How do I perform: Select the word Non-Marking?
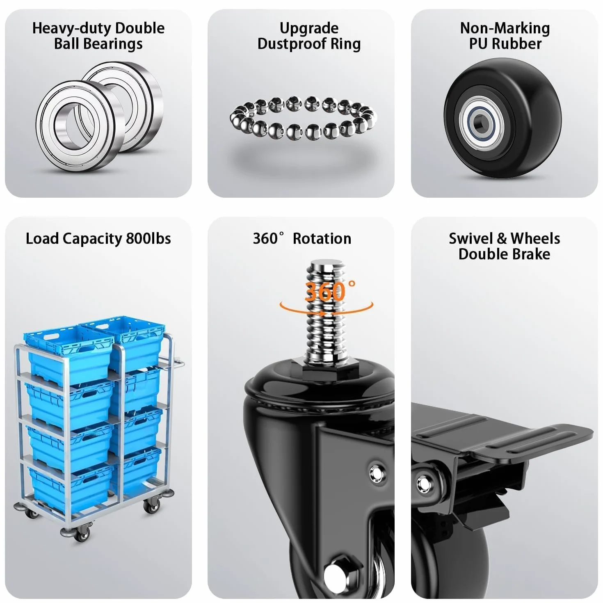505,28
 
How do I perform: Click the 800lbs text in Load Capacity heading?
148,238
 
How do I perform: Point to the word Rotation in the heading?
322,238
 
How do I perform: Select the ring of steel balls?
303,118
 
